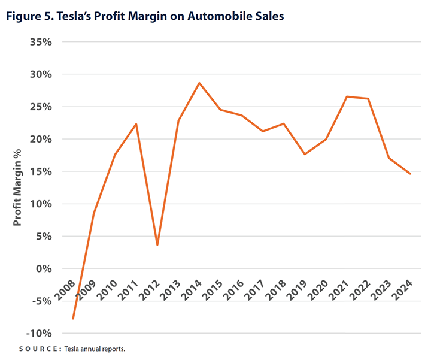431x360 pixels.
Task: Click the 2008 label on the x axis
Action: point(65,292)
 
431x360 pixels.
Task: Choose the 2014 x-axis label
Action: point(191,292)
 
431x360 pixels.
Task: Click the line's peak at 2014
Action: point(199,83)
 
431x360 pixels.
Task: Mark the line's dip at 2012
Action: point(157,244)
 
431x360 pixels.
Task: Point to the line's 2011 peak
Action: point(136,124)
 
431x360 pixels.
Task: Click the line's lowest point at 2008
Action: point(73,318)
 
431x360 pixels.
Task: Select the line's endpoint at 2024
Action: point(410,174)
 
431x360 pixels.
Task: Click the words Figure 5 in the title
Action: point(29,16)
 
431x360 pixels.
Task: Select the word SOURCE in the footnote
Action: point(41,349)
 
